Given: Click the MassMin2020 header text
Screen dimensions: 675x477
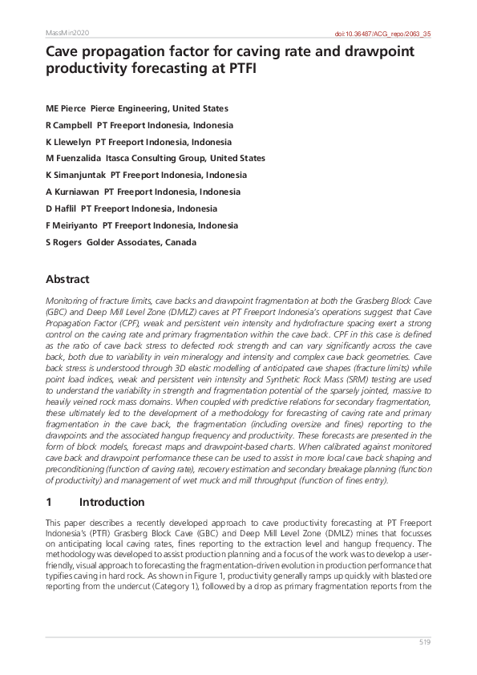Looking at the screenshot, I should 67,33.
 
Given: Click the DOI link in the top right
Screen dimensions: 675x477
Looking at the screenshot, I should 382,34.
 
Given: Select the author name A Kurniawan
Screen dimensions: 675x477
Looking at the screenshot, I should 74,192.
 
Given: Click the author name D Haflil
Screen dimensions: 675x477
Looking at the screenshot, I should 62,208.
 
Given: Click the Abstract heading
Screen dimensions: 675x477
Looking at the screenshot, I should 67,280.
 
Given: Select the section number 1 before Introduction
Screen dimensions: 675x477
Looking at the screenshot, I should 49,502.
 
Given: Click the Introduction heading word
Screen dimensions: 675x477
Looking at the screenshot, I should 112,502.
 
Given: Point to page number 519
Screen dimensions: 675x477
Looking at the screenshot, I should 425,643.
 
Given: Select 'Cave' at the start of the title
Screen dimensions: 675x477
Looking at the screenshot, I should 63,52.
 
